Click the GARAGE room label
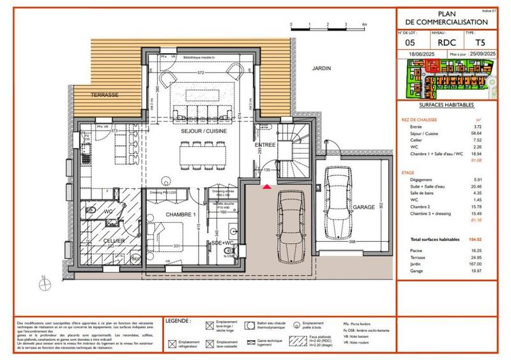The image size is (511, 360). point(365,207)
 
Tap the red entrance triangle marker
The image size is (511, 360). point(267,187)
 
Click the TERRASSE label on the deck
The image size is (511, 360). point(105,94)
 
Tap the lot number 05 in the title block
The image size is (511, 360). point(410,42)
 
